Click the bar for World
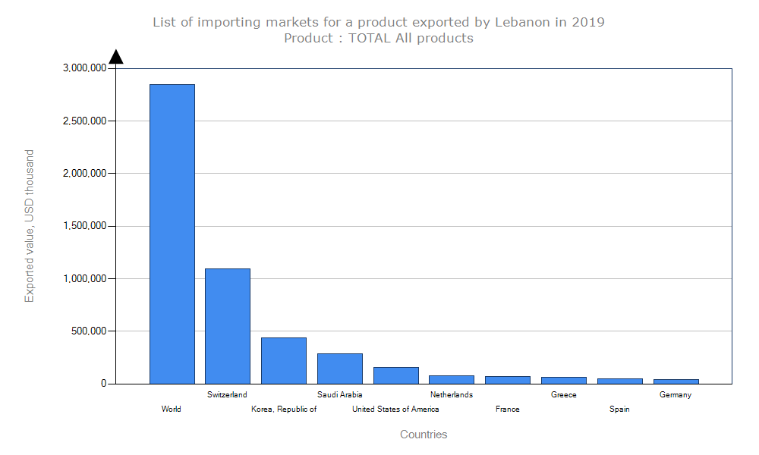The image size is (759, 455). [x=172, y=234]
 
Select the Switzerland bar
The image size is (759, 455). [x=228, y=326]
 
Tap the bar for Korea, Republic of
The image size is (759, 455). [x=284, y=360]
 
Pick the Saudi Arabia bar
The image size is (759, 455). [x=340, y=369]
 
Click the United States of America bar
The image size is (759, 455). [x=396, y=375]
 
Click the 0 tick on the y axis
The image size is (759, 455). [x=103, y=384]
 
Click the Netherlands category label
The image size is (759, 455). [x=452, y=394]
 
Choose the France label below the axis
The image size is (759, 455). [x=508, y=409]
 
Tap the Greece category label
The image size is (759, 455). [x=564, y=394]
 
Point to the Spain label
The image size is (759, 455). [x=619, y=409]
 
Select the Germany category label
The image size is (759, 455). [x=676, y=394]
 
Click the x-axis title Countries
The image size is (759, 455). [x=424, y=435]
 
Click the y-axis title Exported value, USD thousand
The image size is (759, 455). [x=30, y=226]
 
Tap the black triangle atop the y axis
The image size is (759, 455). [x=116, y=57]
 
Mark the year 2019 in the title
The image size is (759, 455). [x=588, y=22]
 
